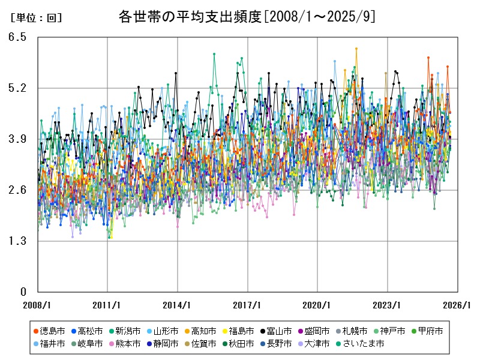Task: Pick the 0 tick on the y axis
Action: (23, 292)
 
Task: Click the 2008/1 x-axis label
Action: (37, 305)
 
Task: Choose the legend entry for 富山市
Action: (279, 331)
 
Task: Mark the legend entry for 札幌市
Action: (355, 331)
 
